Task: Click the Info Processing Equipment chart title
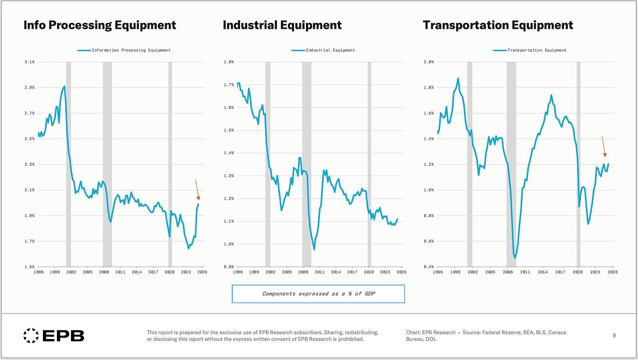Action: click(x=100, y=25)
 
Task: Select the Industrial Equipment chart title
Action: click(x=282, y=25)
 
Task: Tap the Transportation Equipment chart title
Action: click(x=498, y=25)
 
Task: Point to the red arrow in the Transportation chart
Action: click(x=604, y=146)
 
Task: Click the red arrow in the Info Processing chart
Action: click(x=197, y=190)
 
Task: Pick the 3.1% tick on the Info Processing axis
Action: click(x=30, y=62)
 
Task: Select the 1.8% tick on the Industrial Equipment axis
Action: click(x=229, y=62)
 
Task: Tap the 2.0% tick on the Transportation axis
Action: click(x=429, y=62)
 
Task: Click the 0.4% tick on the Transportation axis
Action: click(x=429, y=267)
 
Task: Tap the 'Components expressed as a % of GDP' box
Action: click(x=318, y=294)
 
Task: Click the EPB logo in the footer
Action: click(x=53, y=335)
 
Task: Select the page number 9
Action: click(x=614, y=335)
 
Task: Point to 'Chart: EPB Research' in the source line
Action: click(x=431, y=332)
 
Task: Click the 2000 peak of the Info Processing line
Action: click(x=64, y=86)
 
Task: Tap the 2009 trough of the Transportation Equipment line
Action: click(x=515, y=258)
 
